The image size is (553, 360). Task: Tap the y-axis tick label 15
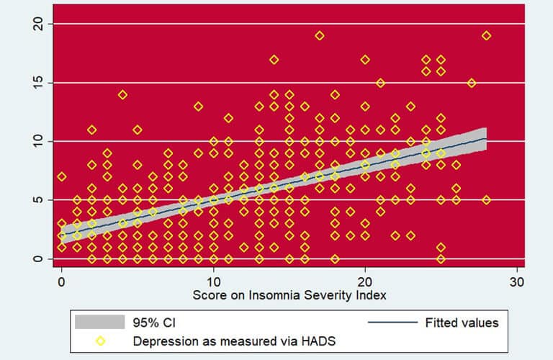39,83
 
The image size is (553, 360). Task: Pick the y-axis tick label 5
39,199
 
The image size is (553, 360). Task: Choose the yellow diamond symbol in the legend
100,340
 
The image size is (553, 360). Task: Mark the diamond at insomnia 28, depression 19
486,35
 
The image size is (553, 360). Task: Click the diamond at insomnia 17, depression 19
320,35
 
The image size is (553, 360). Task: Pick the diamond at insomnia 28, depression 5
486,199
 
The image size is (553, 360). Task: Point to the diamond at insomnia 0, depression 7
62,176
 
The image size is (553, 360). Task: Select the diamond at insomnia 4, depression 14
122,94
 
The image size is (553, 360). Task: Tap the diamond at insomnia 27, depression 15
471,83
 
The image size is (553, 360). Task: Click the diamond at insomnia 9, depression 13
198,106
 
